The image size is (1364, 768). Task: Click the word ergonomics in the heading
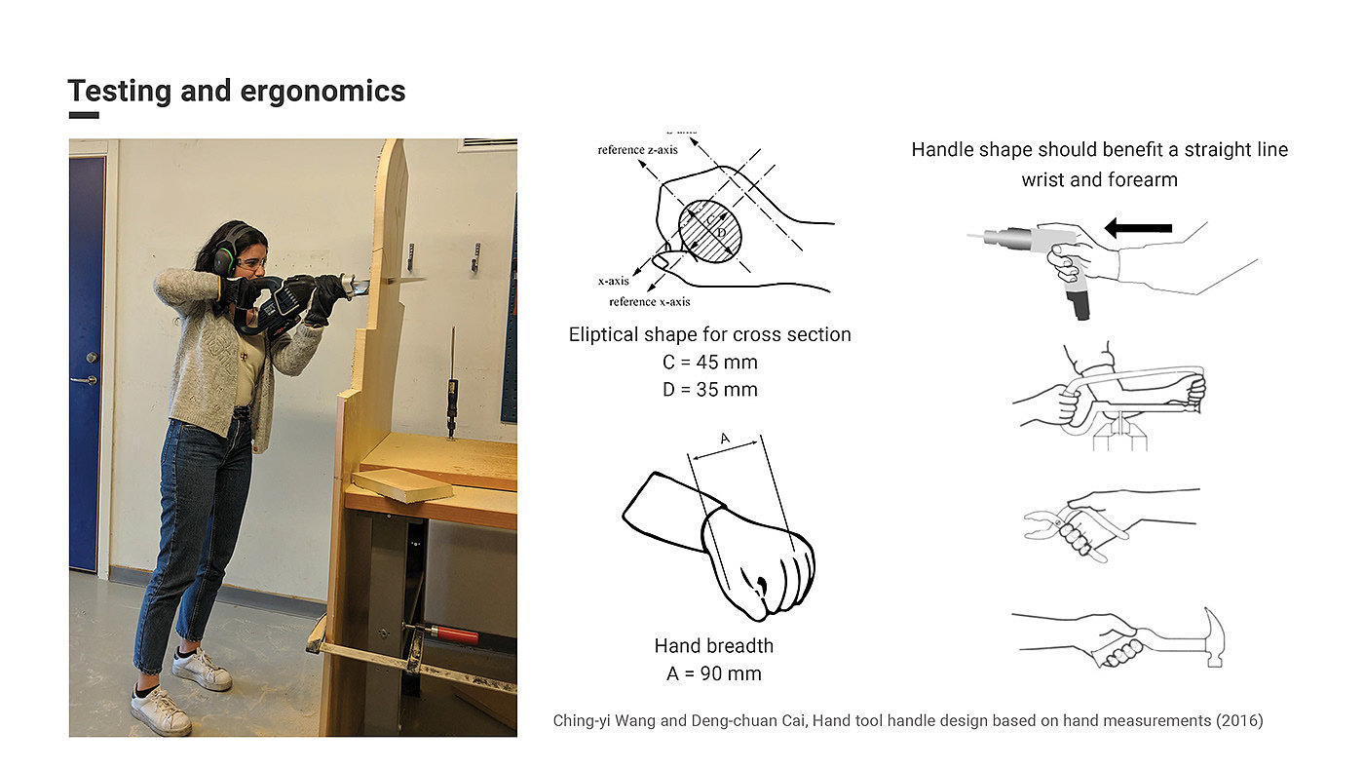click(x=322, y=92)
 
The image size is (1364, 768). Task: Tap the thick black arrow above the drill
click(x=1138, y=228)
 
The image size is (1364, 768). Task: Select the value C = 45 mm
click(x=708, y=363)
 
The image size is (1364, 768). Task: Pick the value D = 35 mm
click(x=708, y=390)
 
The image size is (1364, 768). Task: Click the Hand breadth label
click(x=713, y=645)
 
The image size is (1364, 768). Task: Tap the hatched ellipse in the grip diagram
click(x=710, y=231)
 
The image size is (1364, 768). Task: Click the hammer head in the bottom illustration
click(x=1214, y=636)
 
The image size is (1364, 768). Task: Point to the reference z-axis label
click(x=637, y=150)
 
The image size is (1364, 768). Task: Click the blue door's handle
click(x=89, y=378)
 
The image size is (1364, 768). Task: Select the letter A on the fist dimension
click(x=724, y=440)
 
